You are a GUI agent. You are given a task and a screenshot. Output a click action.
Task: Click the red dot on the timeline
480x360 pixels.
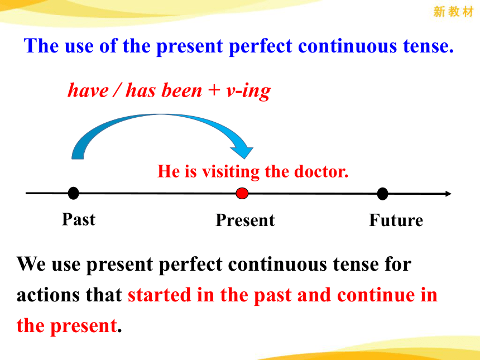(x=242, y=194)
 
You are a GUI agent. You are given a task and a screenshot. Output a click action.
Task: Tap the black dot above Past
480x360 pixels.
(x=74, y=193)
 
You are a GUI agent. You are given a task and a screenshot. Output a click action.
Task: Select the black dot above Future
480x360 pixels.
(x=382, y=194)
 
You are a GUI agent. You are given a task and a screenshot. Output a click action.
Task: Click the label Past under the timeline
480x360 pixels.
(x=79, y=219)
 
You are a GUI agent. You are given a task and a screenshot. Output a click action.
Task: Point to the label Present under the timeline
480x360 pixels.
(x=245, y=220)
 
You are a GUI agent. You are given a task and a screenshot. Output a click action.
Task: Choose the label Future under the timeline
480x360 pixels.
(x=396, y=220)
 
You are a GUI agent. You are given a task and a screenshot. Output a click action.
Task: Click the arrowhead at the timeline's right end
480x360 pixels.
(x=448, y=194)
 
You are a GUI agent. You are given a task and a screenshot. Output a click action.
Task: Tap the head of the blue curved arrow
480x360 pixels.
(x=242, y=152)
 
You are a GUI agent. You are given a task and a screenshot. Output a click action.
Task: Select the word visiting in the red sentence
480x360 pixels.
(x=231, y=172)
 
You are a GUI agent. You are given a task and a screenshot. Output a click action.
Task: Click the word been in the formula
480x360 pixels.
(x=182, y=90)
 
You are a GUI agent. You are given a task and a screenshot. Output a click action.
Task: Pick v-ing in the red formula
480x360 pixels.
(x=248, y=92)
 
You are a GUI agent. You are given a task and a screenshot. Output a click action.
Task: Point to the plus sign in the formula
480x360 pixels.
(x=214, y=91)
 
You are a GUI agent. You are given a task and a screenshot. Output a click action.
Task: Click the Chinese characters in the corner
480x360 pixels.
(x=453, y=12)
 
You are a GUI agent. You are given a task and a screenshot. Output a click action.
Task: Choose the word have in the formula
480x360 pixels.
(x=88, y=90)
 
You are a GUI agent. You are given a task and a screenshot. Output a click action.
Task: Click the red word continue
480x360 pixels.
(x=375, y=295)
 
